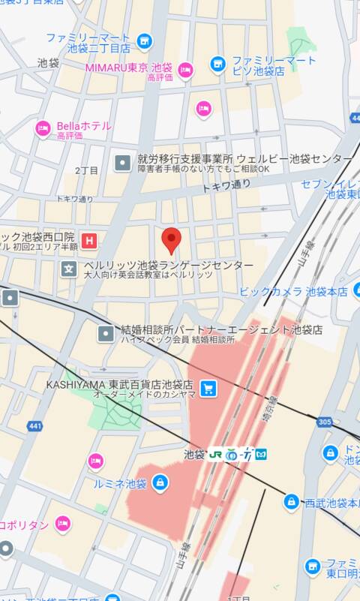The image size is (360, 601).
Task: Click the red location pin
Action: (x=172, y=240)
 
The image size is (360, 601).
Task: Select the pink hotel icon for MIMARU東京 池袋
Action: (x=185, y=71)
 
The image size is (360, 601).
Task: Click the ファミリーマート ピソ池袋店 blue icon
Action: (x=218, y=65)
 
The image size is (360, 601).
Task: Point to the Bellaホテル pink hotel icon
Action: (x=43, y=129)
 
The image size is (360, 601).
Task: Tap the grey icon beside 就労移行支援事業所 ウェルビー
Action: (x=122, y=162)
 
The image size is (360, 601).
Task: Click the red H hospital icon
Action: (x=90, y=241)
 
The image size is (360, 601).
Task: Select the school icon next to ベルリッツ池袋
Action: (x=69, y=269)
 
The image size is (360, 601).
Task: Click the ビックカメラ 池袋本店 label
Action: (x=293, y=291)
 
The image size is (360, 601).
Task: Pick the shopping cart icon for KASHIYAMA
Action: (x=208, y=388)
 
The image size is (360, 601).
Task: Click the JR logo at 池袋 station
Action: (x=216, y=454)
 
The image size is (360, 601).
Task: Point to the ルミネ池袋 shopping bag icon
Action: (x=159, y=482)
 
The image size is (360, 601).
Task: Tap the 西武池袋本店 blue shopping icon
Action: (x=292, y=501)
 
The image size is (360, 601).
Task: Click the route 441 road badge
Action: (x=34, y=425)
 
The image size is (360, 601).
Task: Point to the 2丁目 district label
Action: (x=86, y=171)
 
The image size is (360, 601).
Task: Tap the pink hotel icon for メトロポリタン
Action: (x=63, y=524)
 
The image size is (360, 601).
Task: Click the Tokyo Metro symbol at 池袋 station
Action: (x=261, y=454)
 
